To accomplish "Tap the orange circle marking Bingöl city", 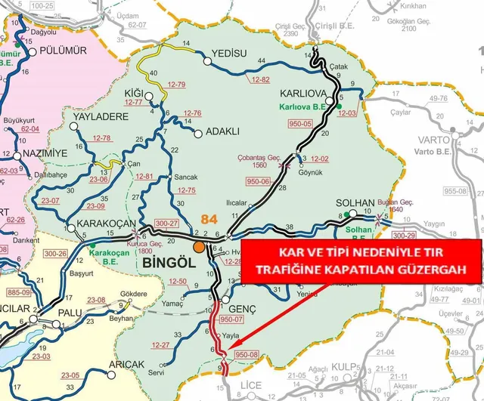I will (199, 246).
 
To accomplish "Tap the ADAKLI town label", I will (222, 132).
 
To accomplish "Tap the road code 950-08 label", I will (247, 353).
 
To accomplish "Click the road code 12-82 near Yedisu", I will (260, 79).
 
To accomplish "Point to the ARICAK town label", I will (126, 364).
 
